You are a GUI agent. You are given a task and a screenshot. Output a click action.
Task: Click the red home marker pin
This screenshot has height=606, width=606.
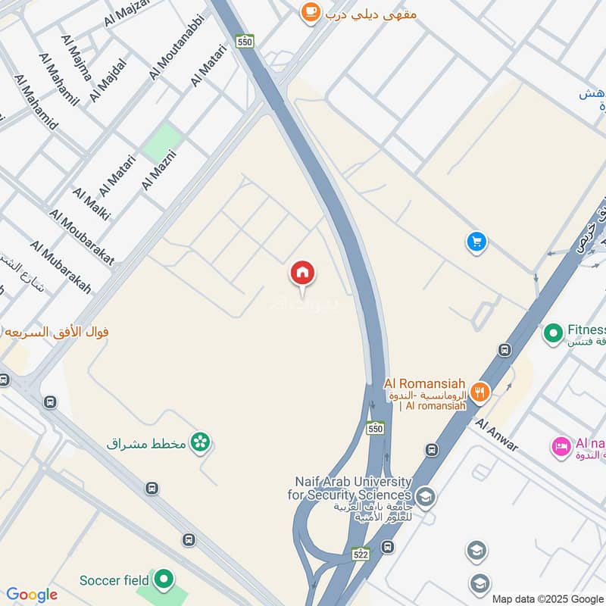(302, 273)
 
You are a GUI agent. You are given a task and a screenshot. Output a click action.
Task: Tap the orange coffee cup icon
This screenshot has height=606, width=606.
(310, 11)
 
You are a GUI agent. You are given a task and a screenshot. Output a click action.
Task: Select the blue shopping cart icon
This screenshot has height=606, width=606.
(476, 242)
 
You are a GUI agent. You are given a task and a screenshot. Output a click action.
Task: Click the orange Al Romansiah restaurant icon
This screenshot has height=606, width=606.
(479, 392)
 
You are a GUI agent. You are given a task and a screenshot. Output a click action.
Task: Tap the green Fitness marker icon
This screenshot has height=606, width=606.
(553, 332)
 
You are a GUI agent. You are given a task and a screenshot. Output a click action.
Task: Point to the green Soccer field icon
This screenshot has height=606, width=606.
(163, 580)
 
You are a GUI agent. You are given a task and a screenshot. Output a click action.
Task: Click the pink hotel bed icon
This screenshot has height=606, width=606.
(561, 447)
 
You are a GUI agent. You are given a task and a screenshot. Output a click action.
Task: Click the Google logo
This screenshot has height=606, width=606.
(32, 595)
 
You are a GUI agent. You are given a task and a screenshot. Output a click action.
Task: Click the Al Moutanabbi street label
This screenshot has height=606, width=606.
(177, 45)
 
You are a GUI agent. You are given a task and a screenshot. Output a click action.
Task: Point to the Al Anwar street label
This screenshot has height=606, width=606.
(497, 435)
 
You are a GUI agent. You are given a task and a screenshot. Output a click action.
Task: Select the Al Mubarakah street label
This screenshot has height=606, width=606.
(61, 267)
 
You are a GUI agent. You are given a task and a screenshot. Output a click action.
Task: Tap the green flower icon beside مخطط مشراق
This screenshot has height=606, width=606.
(200, 442)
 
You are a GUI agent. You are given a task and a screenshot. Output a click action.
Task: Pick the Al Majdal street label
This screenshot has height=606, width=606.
(107, 80)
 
